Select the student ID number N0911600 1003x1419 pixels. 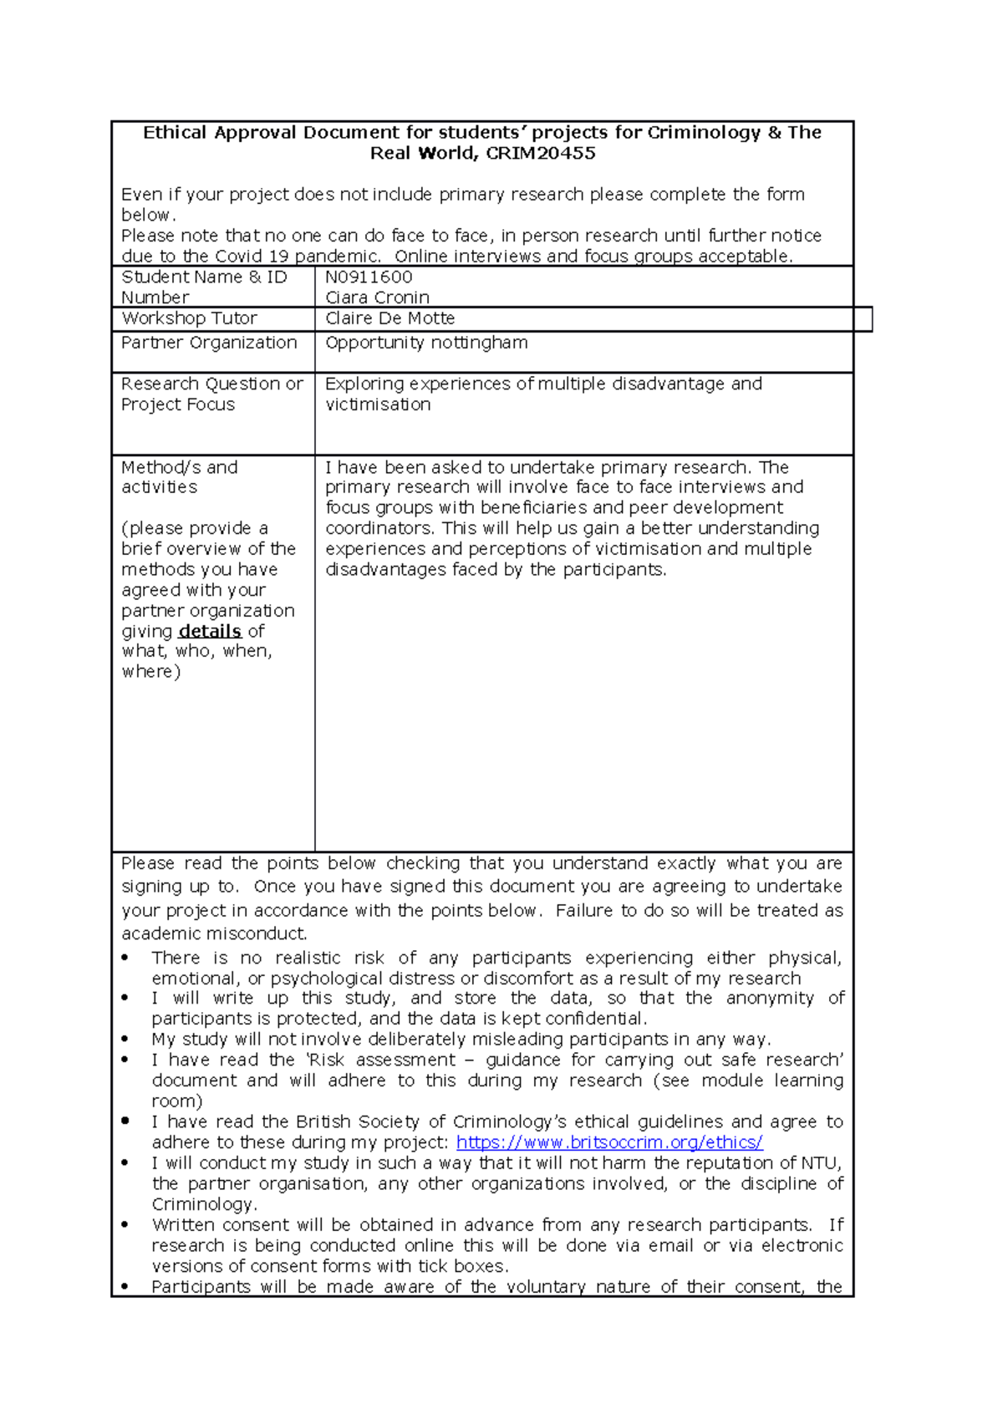pyautogui.click(x=369, y=277)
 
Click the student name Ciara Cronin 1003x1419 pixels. pyautogui.click(x=377, y=298)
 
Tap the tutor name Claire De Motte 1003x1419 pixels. pyautogui.click(x=389, y=318)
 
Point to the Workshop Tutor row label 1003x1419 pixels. pyautogui.click(x=189, y=318)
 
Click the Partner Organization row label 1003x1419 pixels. pyautogui.click(x=209, y=343)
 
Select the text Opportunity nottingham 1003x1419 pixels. pyautogui.click(x=426, y=343)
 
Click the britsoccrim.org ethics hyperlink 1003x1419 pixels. pyautogui.click(x=609, y=1142)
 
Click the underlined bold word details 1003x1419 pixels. pyautogui.click(x=210, y=632)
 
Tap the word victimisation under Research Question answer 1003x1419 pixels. pyautogui.click(x=378, y=404)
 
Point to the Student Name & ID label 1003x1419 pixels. pyautogui.click(x=203, y=277)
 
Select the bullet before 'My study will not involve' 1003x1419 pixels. pyautogui.click(x=125, y=1040)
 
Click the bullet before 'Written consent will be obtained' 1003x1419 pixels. pyautogui.click(x=125, y=1225)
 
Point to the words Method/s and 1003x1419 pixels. pyautogui.click(x=179, y=468)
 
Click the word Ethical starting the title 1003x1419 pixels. pyautogui.click(x=174, y=133)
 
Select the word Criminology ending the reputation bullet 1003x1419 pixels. pyautogui.click(x=203, y=1204)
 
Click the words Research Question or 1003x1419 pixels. pyautogui.click(x=211, y=384)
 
